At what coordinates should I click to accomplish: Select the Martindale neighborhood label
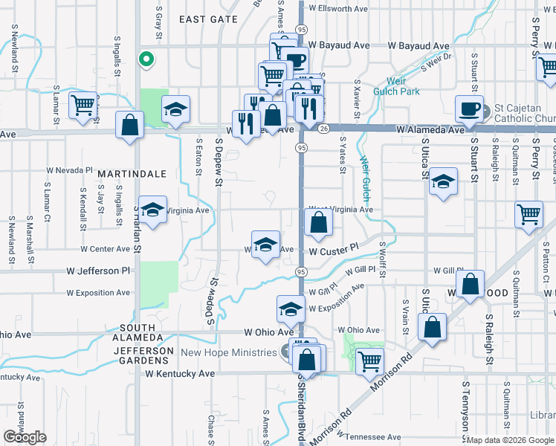[131, 173]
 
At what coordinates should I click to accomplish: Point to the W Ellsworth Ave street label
[338, 9]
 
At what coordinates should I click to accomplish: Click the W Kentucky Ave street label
[184, 373]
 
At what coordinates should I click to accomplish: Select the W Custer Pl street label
[334, 252]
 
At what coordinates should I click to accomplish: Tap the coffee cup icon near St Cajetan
[469, 109]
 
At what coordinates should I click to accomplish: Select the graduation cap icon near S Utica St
[443, 184]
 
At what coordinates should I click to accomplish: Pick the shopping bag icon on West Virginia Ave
[318, 223]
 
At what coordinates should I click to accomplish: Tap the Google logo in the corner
[25, 438]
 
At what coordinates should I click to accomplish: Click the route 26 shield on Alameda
[323, 129]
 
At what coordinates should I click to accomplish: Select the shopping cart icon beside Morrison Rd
[369, 361]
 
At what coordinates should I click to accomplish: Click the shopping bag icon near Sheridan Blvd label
[307, 361]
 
